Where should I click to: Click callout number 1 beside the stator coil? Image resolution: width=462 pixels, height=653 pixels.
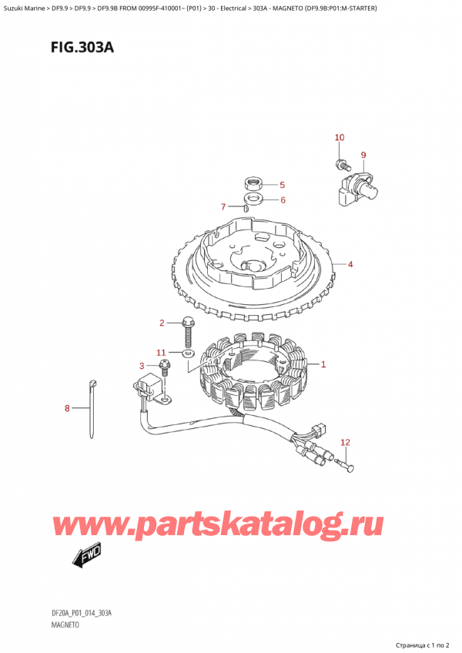tap(323, 364)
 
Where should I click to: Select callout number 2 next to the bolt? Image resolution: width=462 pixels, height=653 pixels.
tap(162, 323)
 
